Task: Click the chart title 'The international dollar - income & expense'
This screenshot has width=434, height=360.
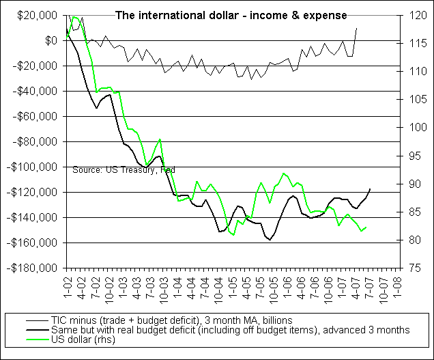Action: [x=230, y=14]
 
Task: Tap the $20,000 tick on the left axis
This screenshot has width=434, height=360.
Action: [x=38, y=16]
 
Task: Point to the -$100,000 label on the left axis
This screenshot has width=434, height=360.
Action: [x=33, y=167]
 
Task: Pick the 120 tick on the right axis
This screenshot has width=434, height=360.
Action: [x=416, y=16]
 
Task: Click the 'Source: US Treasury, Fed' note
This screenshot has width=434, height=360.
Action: [x=124, y=169]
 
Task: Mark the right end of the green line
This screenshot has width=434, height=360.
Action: [x=366, y=227]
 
